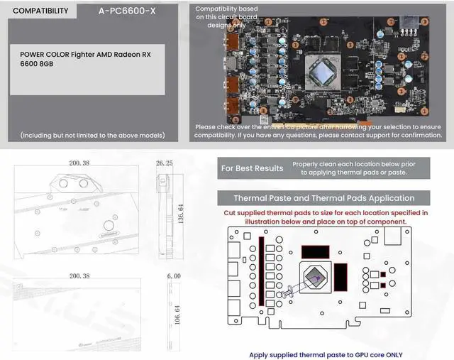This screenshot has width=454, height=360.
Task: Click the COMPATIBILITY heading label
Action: coord(41,11)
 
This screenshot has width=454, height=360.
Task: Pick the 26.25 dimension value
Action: coord(165,163)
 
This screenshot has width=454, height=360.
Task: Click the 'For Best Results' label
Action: coord(252,168)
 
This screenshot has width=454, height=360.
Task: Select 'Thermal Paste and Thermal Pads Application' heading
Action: coord(324,198)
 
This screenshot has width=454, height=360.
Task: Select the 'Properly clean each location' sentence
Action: coord(363,168)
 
